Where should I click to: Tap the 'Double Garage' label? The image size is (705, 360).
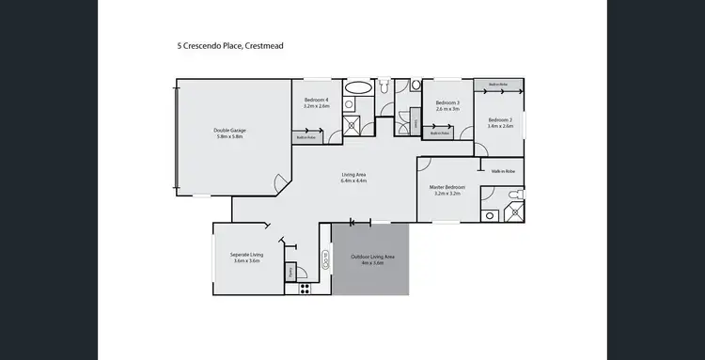(228, 131)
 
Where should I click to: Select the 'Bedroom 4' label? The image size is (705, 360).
(316, 101)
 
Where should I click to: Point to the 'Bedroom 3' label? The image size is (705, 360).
(447, 102)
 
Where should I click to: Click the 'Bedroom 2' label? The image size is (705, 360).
(500, 119)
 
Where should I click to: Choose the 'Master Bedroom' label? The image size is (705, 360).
(447, 188)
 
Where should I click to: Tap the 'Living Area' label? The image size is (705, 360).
(352, 175)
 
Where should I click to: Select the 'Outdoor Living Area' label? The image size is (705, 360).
(371, 257)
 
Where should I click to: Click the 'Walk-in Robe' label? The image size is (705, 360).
(504, 171)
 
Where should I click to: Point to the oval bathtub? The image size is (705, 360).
(358, 87)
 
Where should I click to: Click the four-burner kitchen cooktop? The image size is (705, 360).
(305, 289)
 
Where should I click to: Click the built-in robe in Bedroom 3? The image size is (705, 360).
(442, 133)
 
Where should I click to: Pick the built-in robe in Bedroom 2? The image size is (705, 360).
(498, 85)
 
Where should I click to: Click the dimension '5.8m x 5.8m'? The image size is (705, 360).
(228, 137)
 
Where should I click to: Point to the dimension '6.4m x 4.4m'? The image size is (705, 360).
(352, 181)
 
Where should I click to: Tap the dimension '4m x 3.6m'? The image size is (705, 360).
(371, 263)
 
